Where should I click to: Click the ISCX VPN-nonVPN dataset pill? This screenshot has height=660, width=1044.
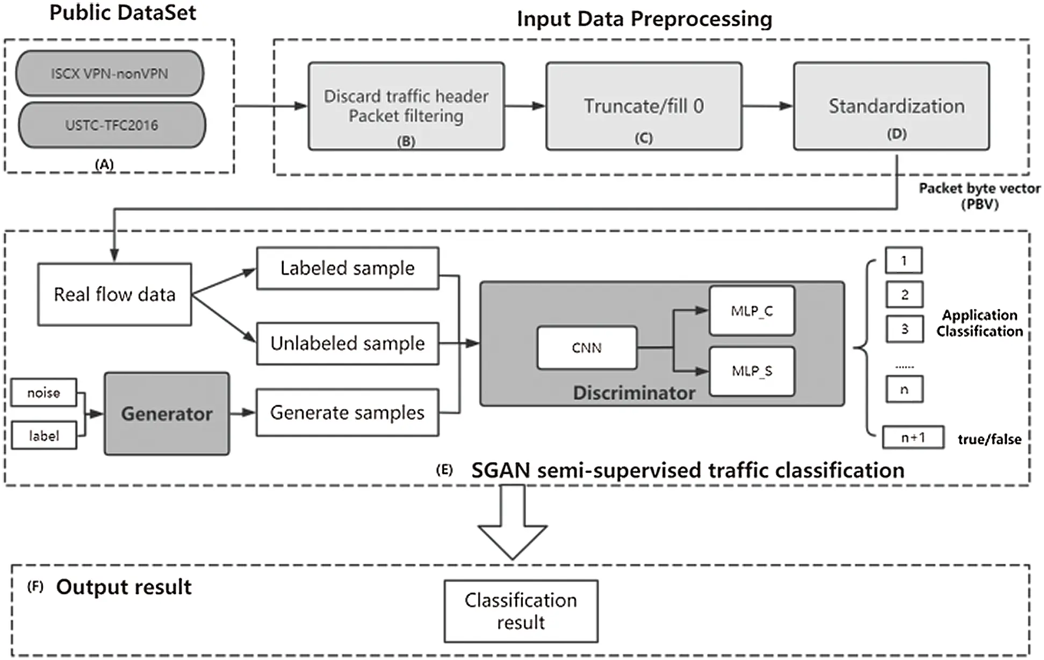110,74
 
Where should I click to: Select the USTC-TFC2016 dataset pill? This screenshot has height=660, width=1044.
112,125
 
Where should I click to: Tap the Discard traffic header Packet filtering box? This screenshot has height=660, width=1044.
406,106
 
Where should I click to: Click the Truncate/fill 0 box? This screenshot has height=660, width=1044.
644,106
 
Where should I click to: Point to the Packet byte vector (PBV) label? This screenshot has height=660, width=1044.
979,196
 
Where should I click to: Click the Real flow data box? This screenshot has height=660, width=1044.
114,295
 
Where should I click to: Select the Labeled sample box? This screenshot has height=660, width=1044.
347,268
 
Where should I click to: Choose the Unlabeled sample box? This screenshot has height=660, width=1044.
347,343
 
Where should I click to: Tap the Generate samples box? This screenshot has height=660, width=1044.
347,413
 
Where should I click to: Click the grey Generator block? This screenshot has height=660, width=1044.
167,414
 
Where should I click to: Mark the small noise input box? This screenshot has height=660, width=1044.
44,393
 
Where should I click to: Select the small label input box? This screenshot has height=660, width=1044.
44,436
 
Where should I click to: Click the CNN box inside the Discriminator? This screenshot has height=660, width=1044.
587,348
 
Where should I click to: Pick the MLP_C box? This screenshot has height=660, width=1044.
751,311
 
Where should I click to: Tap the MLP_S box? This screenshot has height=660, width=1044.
751,371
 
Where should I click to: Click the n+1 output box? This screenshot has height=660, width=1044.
913,437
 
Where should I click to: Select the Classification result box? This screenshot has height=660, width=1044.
520,611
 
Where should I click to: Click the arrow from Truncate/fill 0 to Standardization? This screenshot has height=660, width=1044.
767,106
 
